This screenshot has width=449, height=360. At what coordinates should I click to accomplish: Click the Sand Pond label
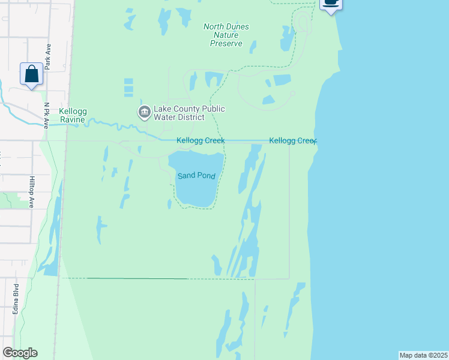[x=196, y=176]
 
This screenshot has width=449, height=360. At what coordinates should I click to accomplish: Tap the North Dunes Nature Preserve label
[x=226, y=35]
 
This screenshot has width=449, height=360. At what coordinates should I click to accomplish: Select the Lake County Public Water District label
[x=189, y=113]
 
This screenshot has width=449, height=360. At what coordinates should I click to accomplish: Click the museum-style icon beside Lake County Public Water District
[x=144, y=112]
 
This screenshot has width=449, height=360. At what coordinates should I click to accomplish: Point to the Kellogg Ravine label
[x=74, y=115]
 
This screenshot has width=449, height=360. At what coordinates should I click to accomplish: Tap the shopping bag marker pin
[x=31, y=74]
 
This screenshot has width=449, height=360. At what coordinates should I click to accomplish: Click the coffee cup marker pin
[x=331, y=3]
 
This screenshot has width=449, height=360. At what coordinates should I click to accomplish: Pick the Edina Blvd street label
[x=16, y=299]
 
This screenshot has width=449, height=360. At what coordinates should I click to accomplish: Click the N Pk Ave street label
[x=46, y=115]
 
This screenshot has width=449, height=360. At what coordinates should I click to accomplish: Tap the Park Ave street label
[x=47, y=56]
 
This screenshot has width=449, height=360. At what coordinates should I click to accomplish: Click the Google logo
[x=20, y=353]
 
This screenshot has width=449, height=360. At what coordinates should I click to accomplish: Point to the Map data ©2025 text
[x=423, y=355]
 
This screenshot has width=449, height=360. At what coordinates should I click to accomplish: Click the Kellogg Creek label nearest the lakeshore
[x=292, y=140]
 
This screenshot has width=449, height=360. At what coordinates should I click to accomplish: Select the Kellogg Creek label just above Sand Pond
[x=200, y=140]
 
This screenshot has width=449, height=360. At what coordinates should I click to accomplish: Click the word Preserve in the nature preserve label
[x=226, y=43]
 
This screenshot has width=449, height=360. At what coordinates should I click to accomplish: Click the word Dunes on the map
[x=237, y=26]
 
